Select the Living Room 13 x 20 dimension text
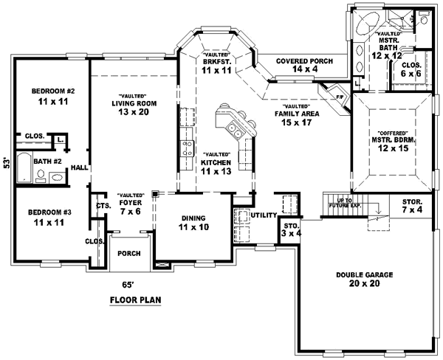[x=132, y=112]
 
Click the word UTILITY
[x=262, y=215]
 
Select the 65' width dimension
[x=128, y=283]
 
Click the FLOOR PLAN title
[x=135, y=300]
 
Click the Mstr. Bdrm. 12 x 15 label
[x=390, y=139]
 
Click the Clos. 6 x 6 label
[x=411, y=69]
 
